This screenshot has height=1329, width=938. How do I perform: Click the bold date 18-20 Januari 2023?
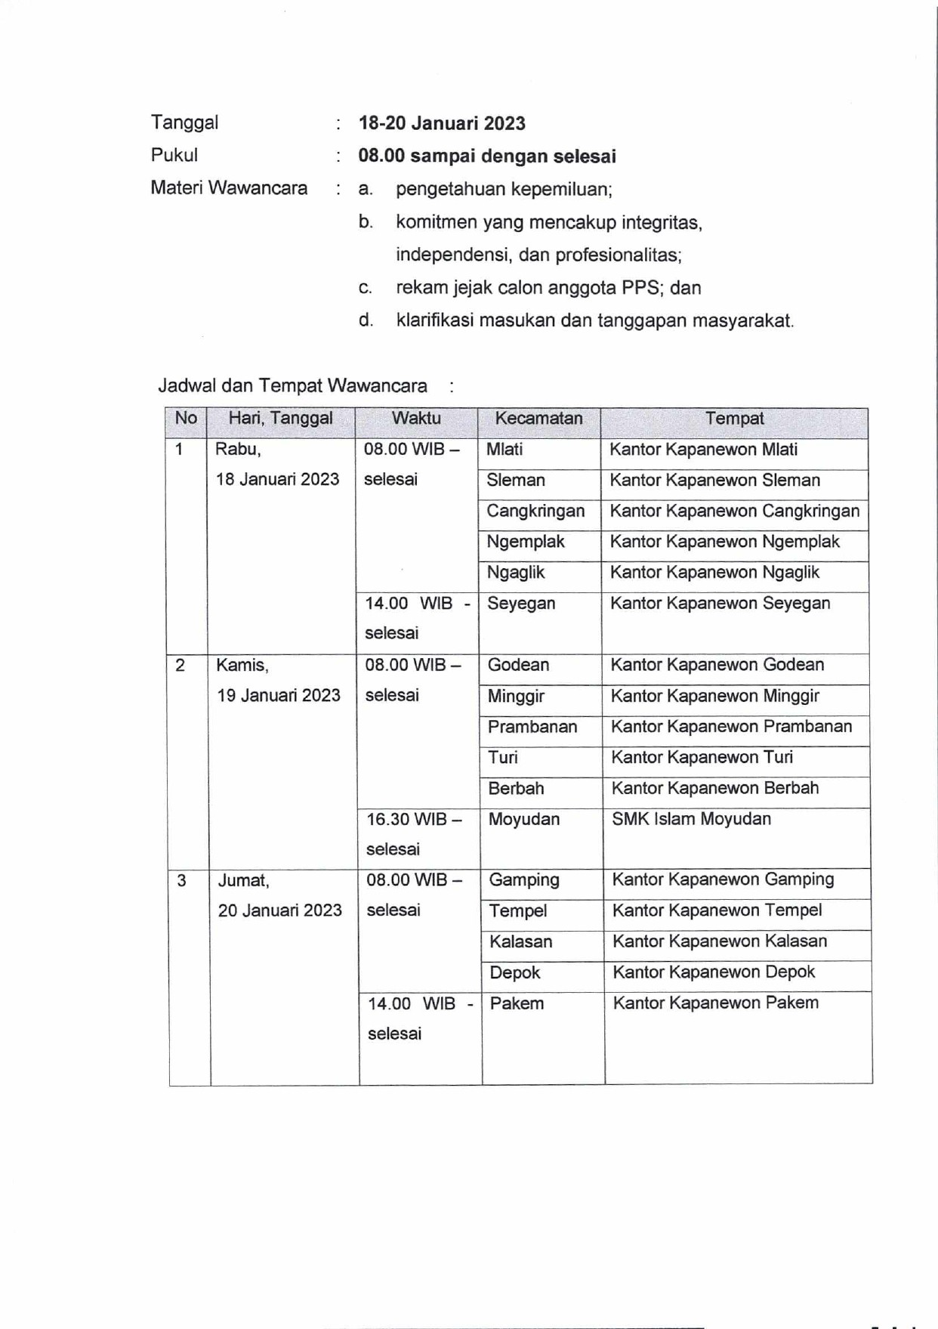tap(442, 123)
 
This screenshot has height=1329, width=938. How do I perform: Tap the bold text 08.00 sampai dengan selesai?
tap(487, 156)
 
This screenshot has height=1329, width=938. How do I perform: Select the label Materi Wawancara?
tap(229, 188)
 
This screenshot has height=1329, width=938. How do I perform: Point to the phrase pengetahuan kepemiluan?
tap(503, 189)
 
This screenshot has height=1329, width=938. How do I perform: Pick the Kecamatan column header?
tap(538, 419)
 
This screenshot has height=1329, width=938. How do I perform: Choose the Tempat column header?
tap(734, 419)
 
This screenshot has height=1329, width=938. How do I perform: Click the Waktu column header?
tap(416, 419)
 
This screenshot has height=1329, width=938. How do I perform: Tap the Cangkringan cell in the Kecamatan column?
tap(535, 512)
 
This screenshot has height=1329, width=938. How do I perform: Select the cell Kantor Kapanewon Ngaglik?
tap(714, 573)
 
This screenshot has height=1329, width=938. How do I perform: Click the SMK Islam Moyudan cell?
tap(691, 819)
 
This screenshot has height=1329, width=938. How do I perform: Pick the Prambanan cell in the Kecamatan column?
tap(532, 727)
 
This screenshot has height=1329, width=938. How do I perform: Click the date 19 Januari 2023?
tap(279, 696)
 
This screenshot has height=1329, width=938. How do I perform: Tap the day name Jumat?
tap(243, 881)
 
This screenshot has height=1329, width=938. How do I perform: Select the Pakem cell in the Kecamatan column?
tap(517, 1003)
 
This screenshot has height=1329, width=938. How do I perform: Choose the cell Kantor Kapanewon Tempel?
tap(717, 910)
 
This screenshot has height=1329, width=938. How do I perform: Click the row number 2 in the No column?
tap(181, 666)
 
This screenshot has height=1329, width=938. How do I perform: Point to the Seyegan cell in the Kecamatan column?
tap(521, 604)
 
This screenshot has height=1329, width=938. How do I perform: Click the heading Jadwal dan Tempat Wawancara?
tap(292, 386)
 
